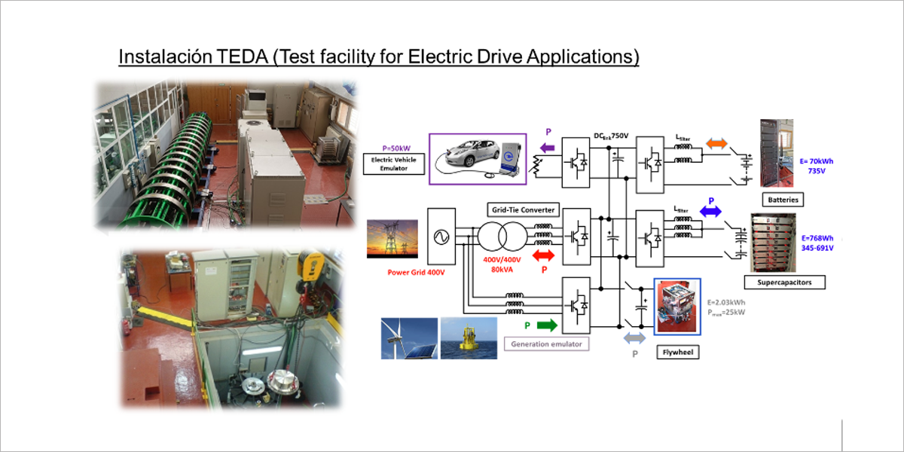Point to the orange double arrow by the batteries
[716, 142]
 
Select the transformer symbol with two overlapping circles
[499, 236]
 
